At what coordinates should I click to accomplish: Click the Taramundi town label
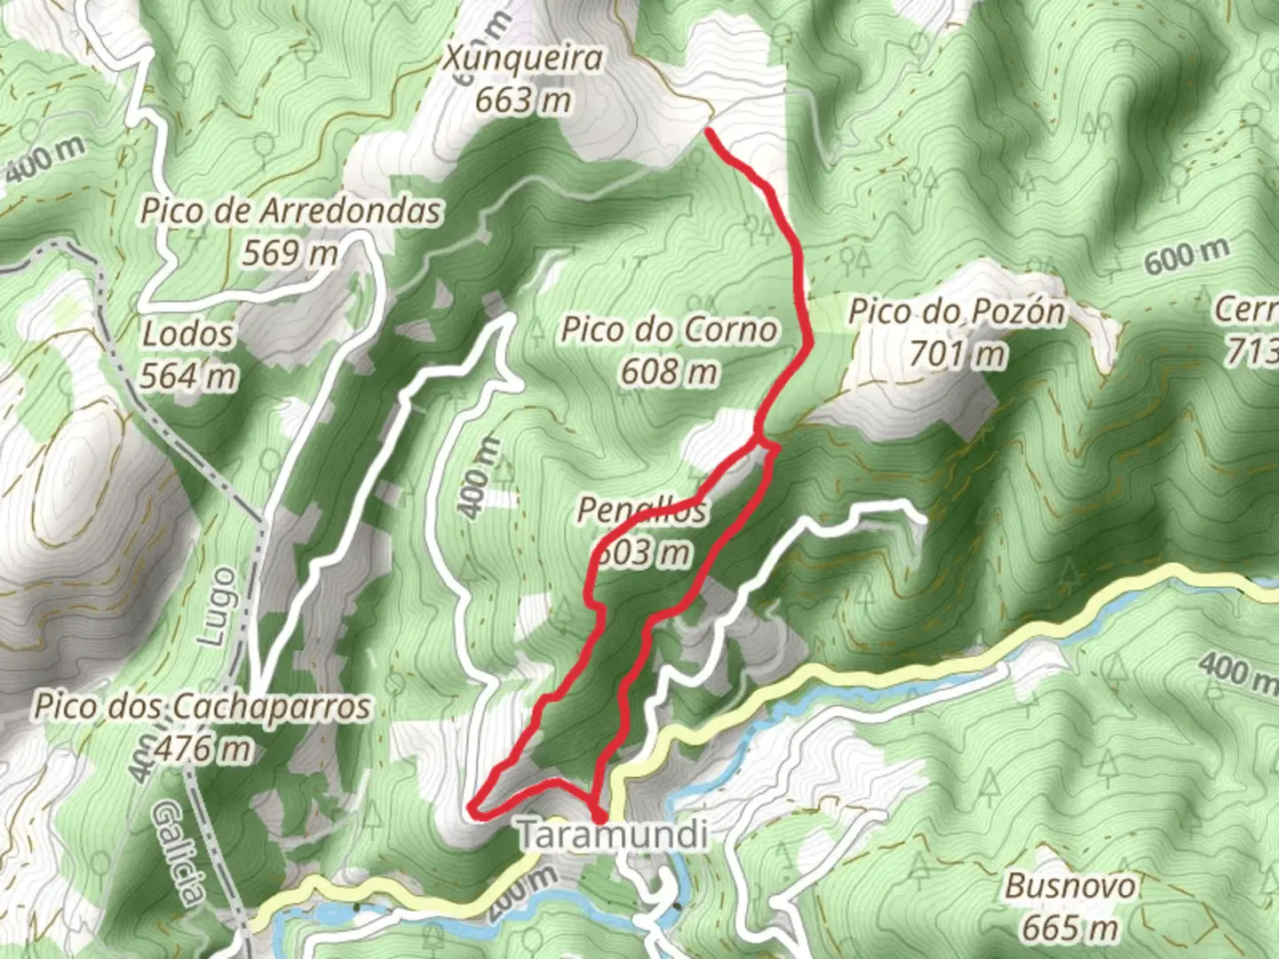pyautogui.click(x=613, y=836)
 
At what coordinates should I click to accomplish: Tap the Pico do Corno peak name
pyautogui.click(x=670, y=330)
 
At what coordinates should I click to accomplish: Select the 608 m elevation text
pyautogui.click(x=669, y=371)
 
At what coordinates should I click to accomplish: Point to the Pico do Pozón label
pyautogui.click(x=957, y=313)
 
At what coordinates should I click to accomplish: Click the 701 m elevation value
pyautogui.click(x=957, y=353)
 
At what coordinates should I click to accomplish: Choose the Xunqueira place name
pyautogui.click(x=523, y=59)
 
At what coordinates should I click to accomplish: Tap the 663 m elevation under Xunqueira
pyautogui.click(x=522, y=100)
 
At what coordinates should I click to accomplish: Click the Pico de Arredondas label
pyautogui.click(x=290, y=212)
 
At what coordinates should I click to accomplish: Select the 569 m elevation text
pyautogui.click(x=290, y=253)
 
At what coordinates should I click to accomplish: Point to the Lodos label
pyautogui.click(x=188, y=335)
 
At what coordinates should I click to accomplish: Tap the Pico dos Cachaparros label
pyautogui.click(x=203, y=708)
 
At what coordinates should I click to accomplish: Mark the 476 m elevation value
pyautogui.click(x=203, y=749)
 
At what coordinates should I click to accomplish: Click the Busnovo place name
pyautogui.click(x=1069, y=886)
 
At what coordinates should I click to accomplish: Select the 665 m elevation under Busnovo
pyautogui.click(x=1069, y=928)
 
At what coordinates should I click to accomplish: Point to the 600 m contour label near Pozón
pyautogui.click(x=1187, y=257)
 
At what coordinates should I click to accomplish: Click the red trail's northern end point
pyautogui.click(x=709, y=131)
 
